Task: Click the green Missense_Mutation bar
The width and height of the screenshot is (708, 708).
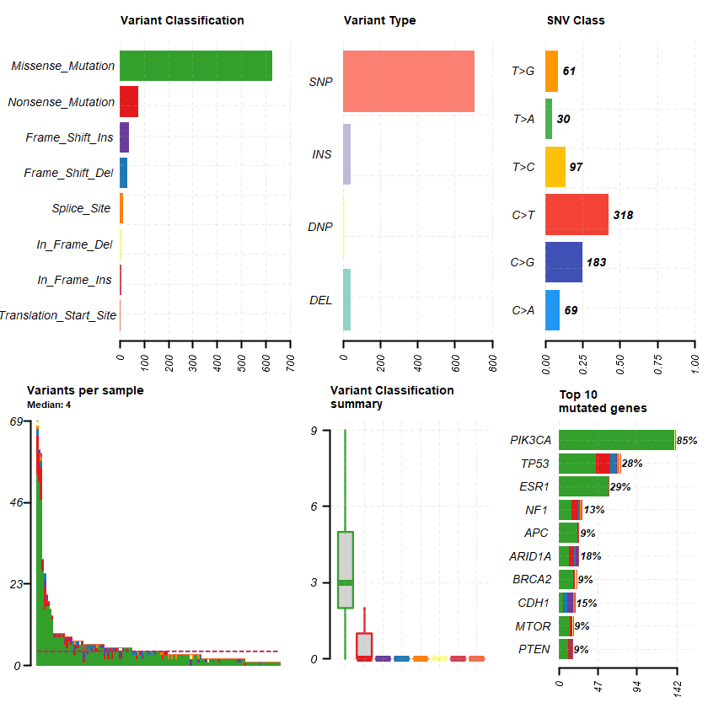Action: click(x=196, y=66)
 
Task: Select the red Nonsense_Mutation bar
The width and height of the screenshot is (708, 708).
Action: click(x=129, y=101)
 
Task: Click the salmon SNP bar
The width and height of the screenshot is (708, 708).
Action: click(x=409, y=82)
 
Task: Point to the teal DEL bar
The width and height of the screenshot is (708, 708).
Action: click(x=346, y=300)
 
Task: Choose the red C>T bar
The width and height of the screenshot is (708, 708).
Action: click(x=577, y=215)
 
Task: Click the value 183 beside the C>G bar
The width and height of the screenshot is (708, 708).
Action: click(x=596, y=262)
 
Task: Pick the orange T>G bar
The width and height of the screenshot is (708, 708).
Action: click(x=552, y=71)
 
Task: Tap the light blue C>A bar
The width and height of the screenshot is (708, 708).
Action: click(x=553, y=310)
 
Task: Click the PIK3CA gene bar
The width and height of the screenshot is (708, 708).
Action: click(x=617, y=440)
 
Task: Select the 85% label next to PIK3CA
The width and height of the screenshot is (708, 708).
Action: click(x=687, y=440)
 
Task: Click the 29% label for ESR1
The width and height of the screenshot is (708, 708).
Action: click(x=620, y=486)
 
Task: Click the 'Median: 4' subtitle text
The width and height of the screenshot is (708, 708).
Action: click(x=49, y=404)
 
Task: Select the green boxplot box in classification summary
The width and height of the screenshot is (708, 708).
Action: click(x=346, y=569)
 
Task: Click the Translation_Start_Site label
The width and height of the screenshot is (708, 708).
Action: click(x=57, y=316)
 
